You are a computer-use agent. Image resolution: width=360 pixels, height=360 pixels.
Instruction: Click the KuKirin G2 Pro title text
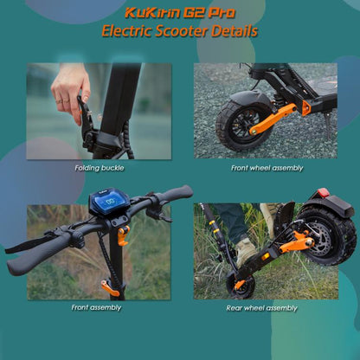179,14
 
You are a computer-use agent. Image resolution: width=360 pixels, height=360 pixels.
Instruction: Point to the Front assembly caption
96,307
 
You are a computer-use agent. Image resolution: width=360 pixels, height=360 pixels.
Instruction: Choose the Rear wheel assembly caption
262,307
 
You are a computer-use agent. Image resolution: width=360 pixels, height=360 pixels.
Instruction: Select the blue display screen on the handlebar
107,203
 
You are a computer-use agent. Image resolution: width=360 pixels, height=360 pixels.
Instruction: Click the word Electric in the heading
130,32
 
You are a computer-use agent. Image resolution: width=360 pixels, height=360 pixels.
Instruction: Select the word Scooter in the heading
182,32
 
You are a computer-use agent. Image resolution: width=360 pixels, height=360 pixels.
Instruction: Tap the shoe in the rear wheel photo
246,251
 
